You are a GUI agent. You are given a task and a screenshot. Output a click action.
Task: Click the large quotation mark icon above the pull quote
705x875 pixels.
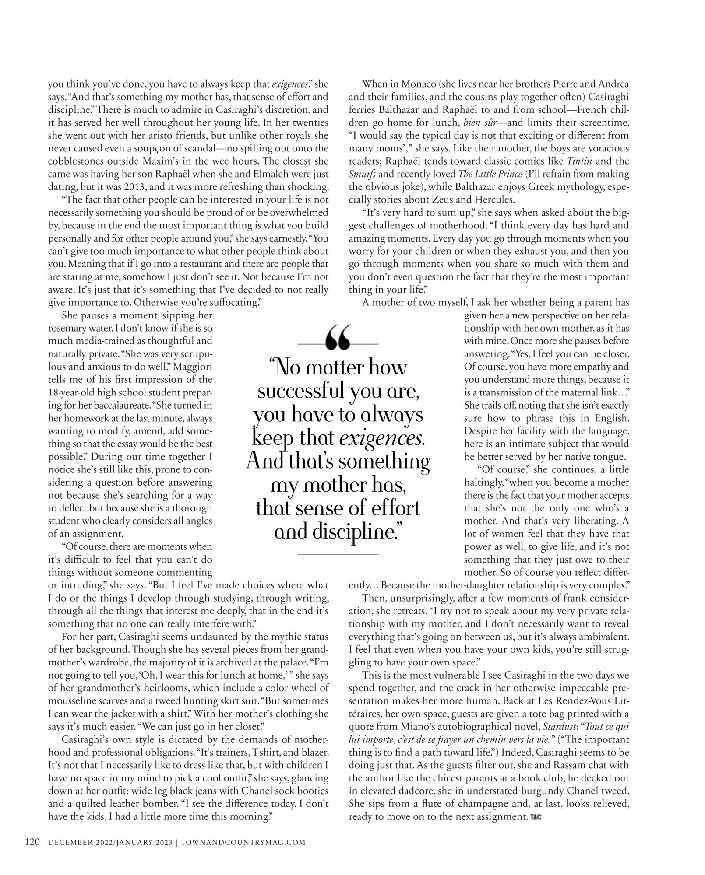click(x=338, y=338)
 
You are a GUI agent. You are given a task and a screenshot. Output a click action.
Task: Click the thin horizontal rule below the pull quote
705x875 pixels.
click(x=338, y=554)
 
